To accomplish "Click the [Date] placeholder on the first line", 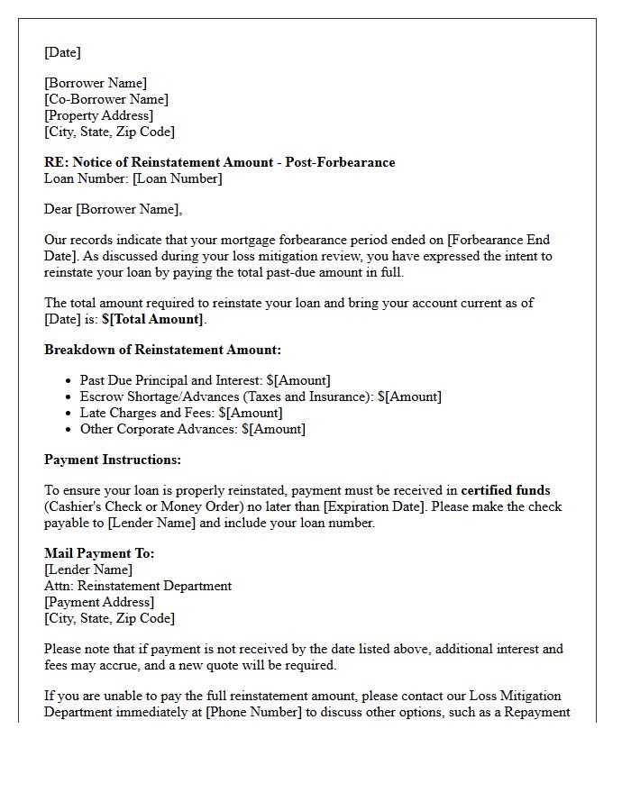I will pyautogui.click(x=62, y=52).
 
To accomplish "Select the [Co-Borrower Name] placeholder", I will pyautogui.click(x=106, y=99).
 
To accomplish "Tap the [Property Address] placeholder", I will pyautogui.click(x=99, y=115).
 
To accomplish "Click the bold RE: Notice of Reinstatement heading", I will pyautogui.click(x=219, y=162).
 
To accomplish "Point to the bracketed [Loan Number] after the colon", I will pyautogui.click(x=177, y=178).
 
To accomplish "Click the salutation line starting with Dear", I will pyautogui.click(x=113, y=209).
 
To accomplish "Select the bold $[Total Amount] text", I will pyautogui.click(x=153, y=319).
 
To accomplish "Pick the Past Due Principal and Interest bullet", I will pyautogui.click(x=205, y=380).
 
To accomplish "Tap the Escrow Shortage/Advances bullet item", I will pyautogui.click(x=261, y=396).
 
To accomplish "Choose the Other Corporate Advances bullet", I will pyautogui.click(x=192, y=429).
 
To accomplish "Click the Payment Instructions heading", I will pyautogui.click(x=113, y=460).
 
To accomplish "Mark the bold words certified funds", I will pyautogui.click(x=506, y=490).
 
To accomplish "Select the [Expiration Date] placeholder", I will pyautogui.click(x=373, y=506).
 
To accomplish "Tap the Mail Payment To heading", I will pyautogui.click(x=99, y=553).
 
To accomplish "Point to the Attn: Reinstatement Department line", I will pyautogui.click(x=138, y=586).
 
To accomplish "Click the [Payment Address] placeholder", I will pyautogui.click(x=99, y=602).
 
